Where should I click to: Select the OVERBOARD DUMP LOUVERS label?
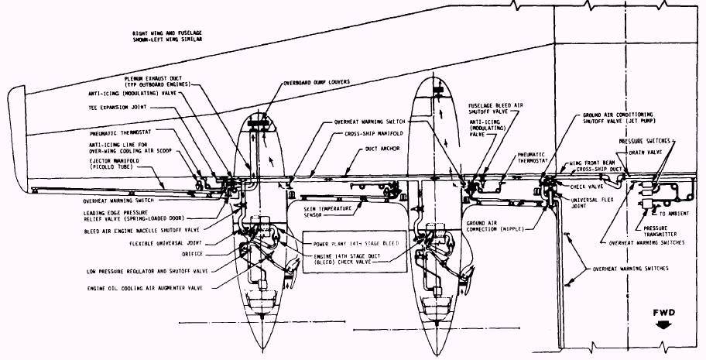coord(317,81)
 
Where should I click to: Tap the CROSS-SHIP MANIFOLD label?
coord(369,134)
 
